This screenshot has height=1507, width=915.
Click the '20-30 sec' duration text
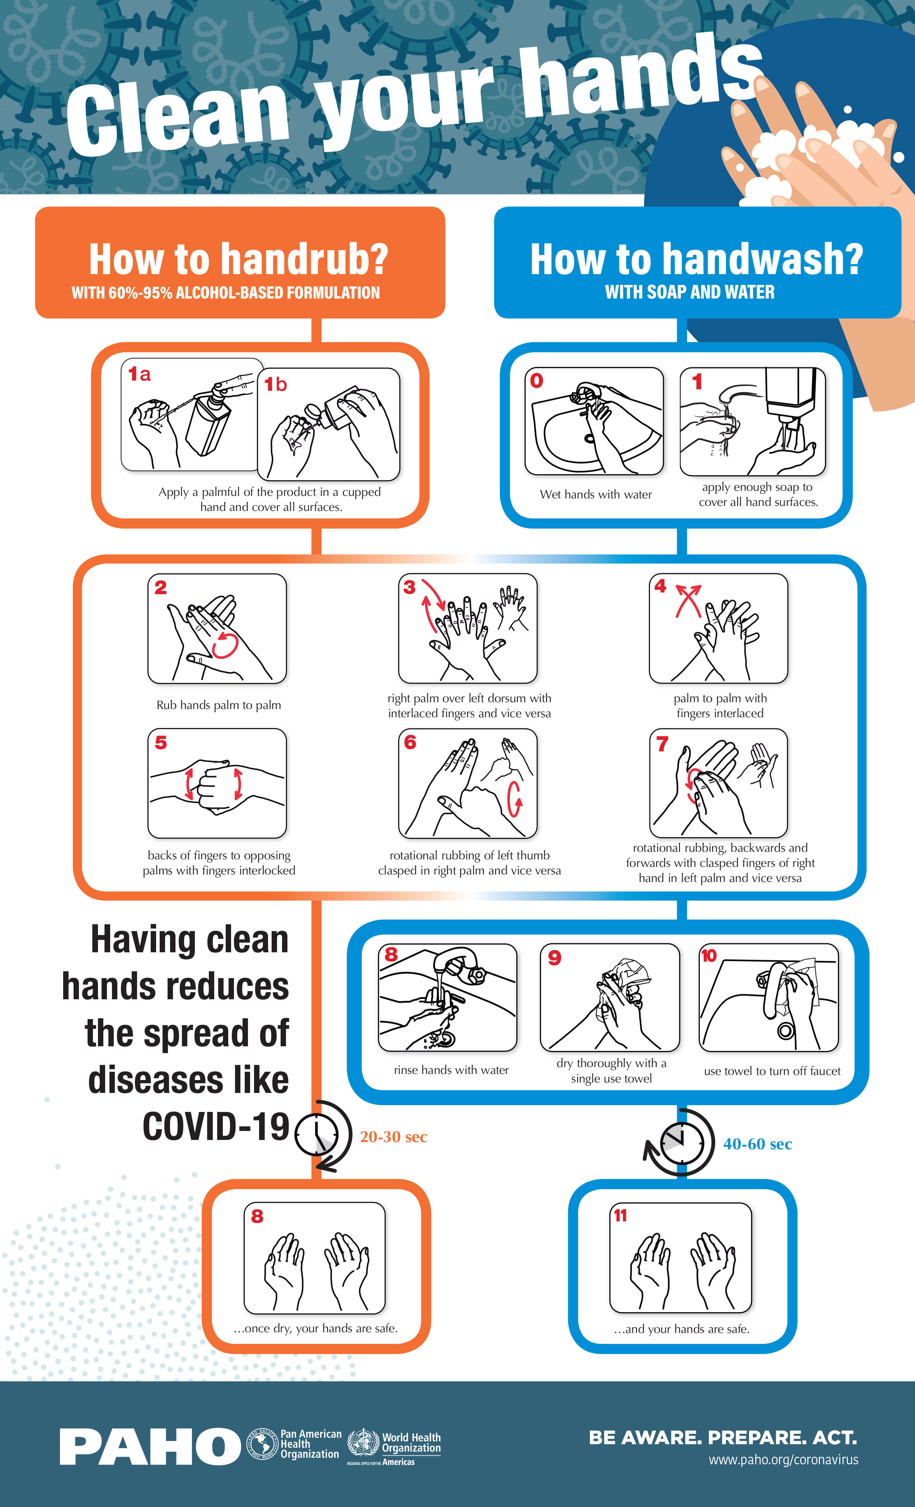coord(393,1137)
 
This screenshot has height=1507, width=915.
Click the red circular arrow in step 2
coord(225,645)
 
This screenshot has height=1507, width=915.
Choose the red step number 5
coord(161,742)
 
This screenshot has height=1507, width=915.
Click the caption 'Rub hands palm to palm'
coord(219,705)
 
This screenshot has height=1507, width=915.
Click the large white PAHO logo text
coord(150,1447)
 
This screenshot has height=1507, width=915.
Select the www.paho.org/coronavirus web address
coord(784,1460)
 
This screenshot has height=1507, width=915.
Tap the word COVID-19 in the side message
coord(216,1127)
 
